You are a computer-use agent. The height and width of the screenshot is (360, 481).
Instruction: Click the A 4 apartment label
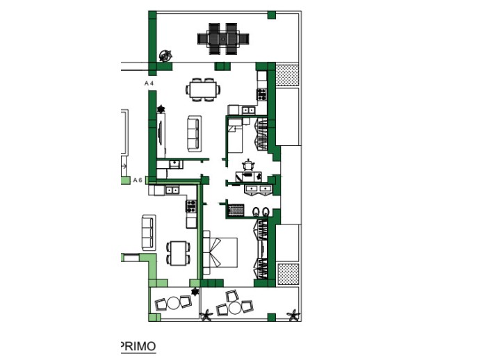click(148, 83)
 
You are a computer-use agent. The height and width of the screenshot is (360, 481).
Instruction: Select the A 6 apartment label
click(137, 180)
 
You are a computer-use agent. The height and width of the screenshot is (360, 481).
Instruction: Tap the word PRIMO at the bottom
click(138, 346)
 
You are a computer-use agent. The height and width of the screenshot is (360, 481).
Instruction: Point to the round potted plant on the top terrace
click(165, 56)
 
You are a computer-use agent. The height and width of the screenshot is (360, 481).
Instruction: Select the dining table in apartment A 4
click(202, 89)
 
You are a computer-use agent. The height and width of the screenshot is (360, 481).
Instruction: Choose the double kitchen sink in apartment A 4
click(247, 110)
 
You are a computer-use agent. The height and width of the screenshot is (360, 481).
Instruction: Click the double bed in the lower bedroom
click(222, 253)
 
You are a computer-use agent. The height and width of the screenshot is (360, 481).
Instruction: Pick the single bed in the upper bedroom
click(237, 138)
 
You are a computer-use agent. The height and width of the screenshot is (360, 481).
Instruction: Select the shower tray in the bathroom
click(237, 209)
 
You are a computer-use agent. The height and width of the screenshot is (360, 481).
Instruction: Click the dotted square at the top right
click(287, 74)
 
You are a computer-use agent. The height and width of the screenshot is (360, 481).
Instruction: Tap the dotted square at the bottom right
click(287, 273)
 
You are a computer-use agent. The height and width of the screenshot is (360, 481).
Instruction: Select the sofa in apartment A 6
click(148, 232)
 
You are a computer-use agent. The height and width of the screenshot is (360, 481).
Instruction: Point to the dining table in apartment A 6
click(179, 251)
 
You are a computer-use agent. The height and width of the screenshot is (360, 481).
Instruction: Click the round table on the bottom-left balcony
click(172, 304)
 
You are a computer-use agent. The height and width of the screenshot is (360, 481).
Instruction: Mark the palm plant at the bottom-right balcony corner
click(293, 316)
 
